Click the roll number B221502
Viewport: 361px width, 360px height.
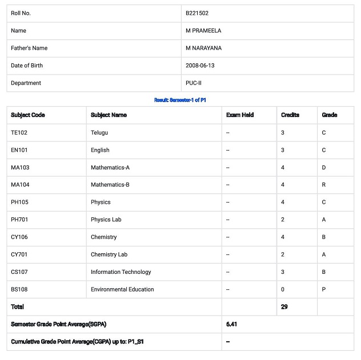[197, 13]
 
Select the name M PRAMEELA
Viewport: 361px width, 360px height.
[204, 31]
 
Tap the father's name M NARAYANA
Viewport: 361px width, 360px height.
[203, 48]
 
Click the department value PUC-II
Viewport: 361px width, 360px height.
[194, 83]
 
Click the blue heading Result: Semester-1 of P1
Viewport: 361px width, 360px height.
[180, 100]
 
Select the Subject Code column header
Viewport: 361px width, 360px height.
[28, 115]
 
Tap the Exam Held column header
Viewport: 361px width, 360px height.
[240, 115]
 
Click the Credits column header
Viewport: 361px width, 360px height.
[290, 115]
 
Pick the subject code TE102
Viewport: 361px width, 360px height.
[19, 133]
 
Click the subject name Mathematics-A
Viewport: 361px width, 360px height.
[110, 168]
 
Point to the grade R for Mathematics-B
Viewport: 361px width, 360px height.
[324, 185]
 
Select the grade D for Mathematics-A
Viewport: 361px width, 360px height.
[324, 168]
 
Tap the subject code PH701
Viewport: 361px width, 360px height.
[19, 220]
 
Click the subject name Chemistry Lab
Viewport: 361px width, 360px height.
[109, 254]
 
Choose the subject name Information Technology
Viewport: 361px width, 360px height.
[121, 272]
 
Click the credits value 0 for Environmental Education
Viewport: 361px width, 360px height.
[283, 289]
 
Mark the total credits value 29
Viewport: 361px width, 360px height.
[284, 307]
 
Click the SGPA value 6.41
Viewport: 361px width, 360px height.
[231, 324]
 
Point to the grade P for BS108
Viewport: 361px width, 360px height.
[324, 289]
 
